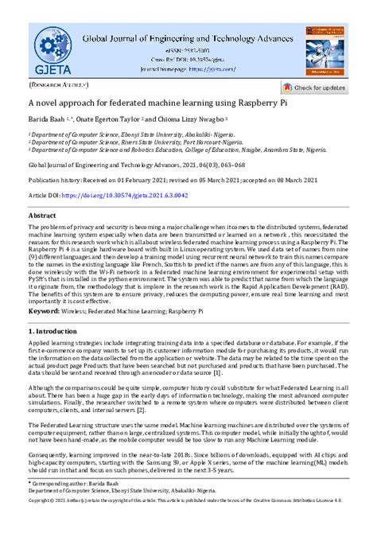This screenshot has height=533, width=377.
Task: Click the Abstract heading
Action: tap(42, 216)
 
